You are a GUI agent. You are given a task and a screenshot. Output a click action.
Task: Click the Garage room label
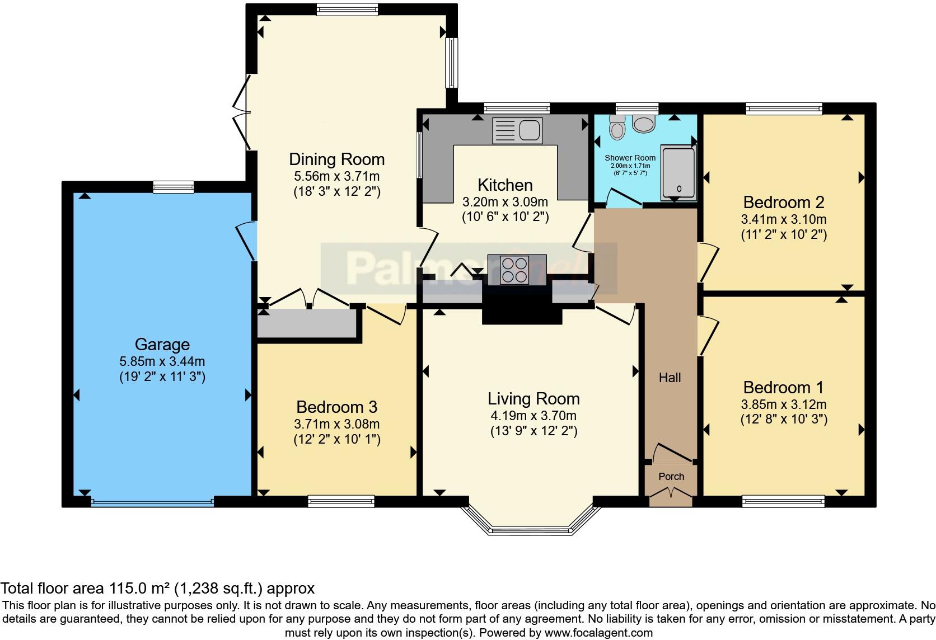[x=162, y=344]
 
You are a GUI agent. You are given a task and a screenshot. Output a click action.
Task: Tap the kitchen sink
[x=517, y=130]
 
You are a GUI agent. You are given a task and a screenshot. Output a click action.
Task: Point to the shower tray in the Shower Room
[x=678, y=173]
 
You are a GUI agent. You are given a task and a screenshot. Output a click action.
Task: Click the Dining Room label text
[x=336, y=159]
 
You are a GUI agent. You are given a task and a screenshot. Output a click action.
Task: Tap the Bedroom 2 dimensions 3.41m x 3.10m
[x=784, y=219]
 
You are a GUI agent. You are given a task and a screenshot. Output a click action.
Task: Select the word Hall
[x=670, y=378]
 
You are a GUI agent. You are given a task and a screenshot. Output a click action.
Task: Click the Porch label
[x=671, y=477]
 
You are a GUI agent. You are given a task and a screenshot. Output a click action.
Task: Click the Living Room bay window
[x=530, y=529]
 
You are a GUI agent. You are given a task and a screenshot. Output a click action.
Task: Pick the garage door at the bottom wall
[x=152, y=502]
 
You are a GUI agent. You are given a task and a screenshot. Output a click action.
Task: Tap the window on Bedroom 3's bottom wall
[x=341, y=501]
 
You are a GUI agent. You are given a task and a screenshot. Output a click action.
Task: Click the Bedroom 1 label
[x=783, y=387]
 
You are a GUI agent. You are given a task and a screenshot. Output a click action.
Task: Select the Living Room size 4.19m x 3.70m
[x=533, y=416]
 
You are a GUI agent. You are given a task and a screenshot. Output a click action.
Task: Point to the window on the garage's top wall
[x=174, y=187]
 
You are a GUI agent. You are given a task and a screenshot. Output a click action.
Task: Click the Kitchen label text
[x=505, y=185]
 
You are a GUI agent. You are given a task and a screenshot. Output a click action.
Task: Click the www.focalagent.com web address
[x=598, y=633]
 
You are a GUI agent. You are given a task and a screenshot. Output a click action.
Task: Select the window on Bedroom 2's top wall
[x=784, y=109]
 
